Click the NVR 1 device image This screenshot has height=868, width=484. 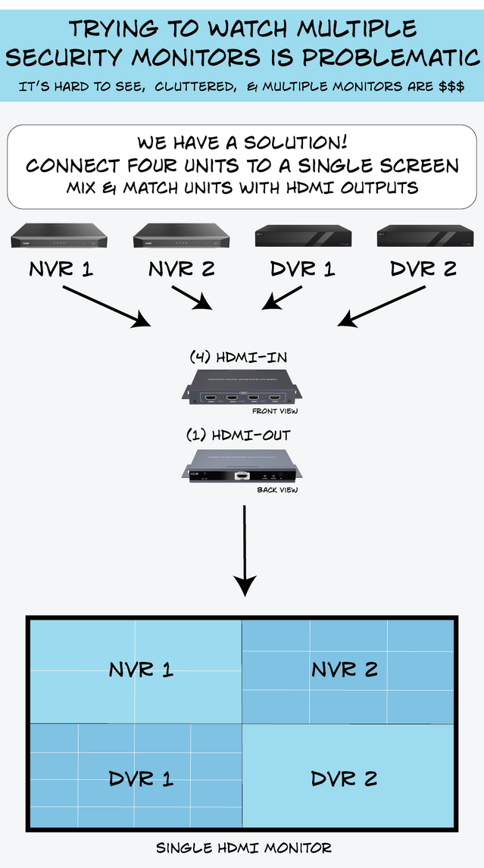(58, 237)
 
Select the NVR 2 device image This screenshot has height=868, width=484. (180, 237)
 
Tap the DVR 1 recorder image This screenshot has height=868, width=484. (303, 236)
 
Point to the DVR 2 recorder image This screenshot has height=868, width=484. (424, 236)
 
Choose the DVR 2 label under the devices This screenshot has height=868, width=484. (423, 269)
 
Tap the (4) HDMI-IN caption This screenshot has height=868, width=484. (237, 356)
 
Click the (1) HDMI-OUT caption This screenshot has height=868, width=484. (239, 435)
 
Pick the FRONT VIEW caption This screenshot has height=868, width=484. (275, 411)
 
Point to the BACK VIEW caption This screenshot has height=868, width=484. (277, 490)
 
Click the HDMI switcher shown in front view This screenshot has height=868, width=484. (243, 387)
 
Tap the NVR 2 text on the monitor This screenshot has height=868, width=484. (345, 670)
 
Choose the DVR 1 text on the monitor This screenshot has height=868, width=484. (141, 779)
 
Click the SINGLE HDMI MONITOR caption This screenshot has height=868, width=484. (243, 848)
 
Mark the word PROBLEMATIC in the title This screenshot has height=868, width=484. (390, 57)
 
